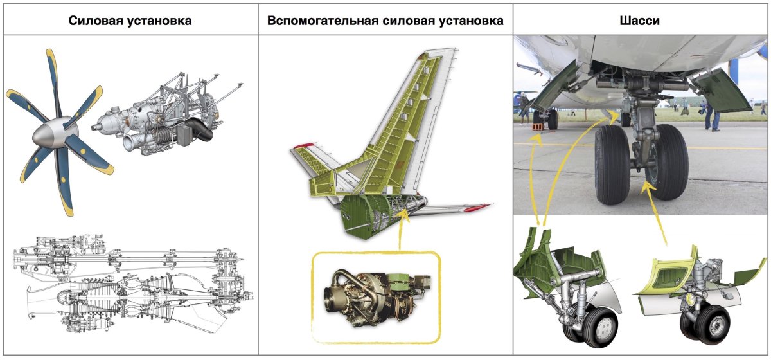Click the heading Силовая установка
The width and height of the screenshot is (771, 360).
(130, 21)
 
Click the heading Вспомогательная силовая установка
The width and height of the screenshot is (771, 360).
(385, 21)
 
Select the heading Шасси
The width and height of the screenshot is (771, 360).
(641, 21)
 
